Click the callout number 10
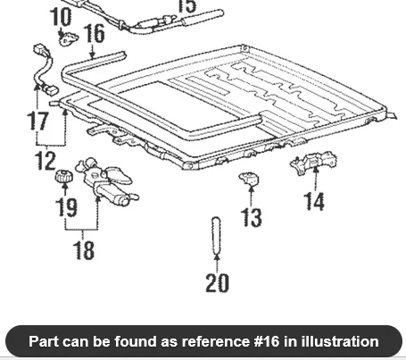(62, 17)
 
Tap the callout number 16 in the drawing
(95, 33)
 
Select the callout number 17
(37, 121)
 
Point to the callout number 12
(46, 161)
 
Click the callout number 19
(67, 206)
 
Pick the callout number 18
(84, 249)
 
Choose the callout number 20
(218, 282)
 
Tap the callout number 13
(252, 217)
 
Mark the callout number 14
(314, 202)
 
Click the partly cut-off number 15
(187, 6)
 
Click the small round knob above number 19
(64, 176)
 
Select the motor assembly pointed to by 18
(106, 182)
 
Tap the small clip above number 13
(249, 179)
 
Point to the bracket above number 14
(313, 163)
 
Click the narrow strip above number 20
(216, 235)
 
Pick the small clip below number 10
(69, 38)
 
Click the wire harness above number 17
(46, 71)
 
